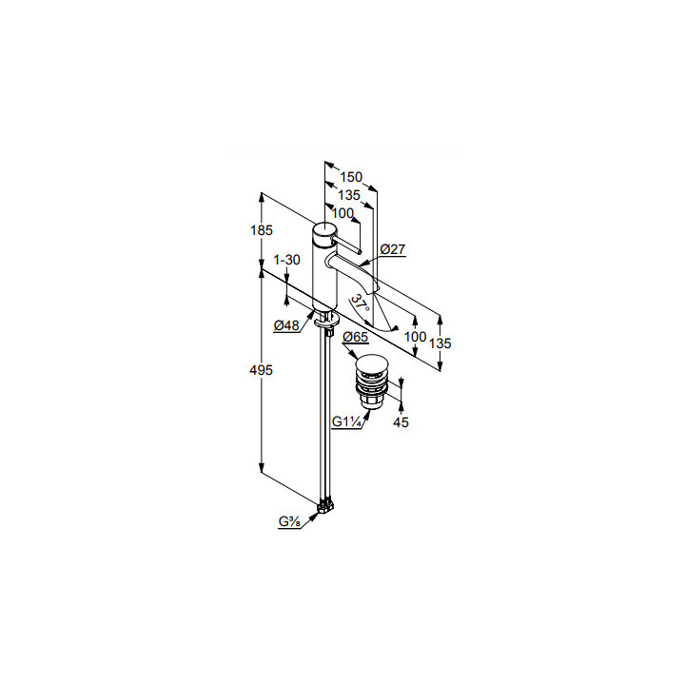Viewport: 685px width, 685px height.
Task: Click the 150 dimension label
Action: point(351,177)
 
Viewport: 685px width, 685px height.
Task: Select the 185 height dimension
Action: point(262,230)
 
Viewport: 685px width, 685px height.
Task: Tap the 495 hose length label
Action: point(261,370)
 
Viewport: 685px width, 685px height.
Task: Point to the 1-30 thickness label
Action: point(286,260)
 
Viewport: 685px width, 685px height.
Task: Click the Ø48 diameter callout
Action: point(286,325)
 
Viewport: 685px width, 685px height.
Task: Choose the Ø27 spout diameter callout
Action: point(393,249)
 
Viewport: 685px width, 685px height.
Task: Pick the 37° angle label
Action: point(361,303)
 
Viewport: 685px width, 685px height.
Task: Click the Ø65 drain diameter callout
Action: point(355,337)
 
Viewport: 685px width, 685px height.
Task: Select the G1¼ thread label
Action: point(346,422)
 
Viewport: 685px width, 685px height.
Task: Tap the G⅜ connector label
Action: point(289,521)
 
